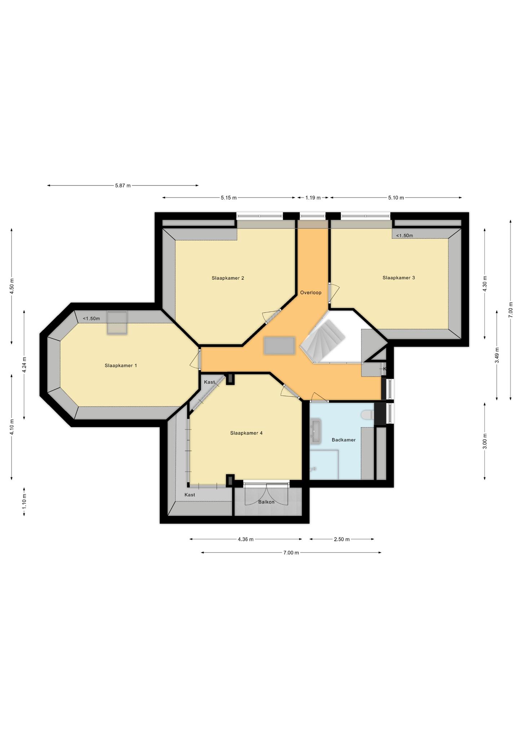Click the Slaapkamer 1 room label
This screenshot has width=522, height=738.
tap(121, 365)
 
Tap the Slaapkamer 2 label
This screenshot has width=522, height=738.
tap(228, 278)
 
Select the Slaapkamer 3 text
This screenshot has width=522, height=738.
tap(399, 277)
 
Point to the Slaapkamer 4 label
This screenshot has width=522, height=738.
tap(246, 433)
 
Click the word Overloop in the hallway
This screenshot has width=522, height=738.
tap(311, 293)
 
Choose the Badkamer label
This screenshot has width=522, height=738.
tap(344, 440)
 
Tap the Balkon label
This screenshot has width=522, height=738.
tap(266, 502)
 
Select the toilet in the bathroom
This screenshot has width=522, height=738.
tap(368, 415)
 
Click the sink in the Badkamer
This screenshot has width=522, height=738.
tap(315, 431)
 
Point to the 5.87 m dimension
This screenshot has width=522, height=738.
tap(123, 186)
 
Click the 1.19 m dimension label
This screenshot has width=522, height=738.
tap(313, 197)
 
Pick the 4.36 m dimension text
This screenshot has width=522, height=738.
tap(245, 539)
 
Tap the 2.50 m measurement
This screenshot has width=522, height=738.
tap(342, 539)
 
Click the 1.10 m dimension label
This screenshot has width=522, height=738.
tap(24, 501)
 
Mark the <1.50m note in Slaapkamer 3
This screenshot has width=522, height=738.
tap(404, 236)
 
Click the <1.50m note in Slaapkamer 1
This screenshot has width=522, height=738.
tap(91, 319)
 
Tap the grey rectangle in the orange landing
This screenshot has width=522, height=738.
tap(279, 346)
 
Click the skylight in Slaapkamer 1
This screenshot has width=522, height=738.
tap(117, 323)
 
